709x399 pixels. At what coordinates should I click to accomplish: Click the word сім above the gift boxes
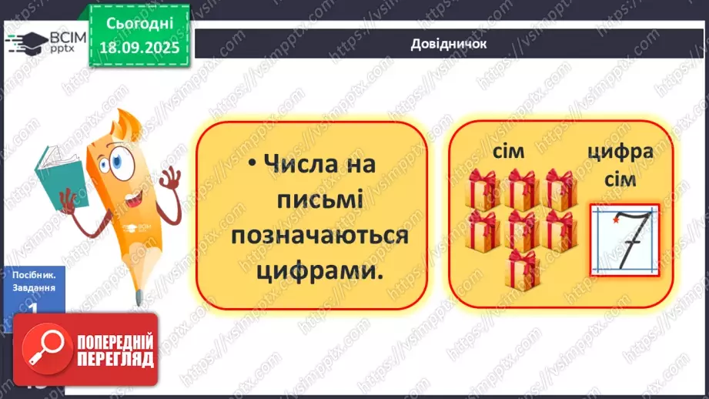pyautogui.click(x=508, y=152)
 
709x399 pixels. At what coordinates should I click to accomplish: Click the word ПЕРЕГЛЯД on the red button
pyautogui.click(x=114, y=359)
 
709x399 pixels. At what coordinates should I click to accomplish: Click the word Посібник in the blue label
pyautogui.click(x=33, y=274)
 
